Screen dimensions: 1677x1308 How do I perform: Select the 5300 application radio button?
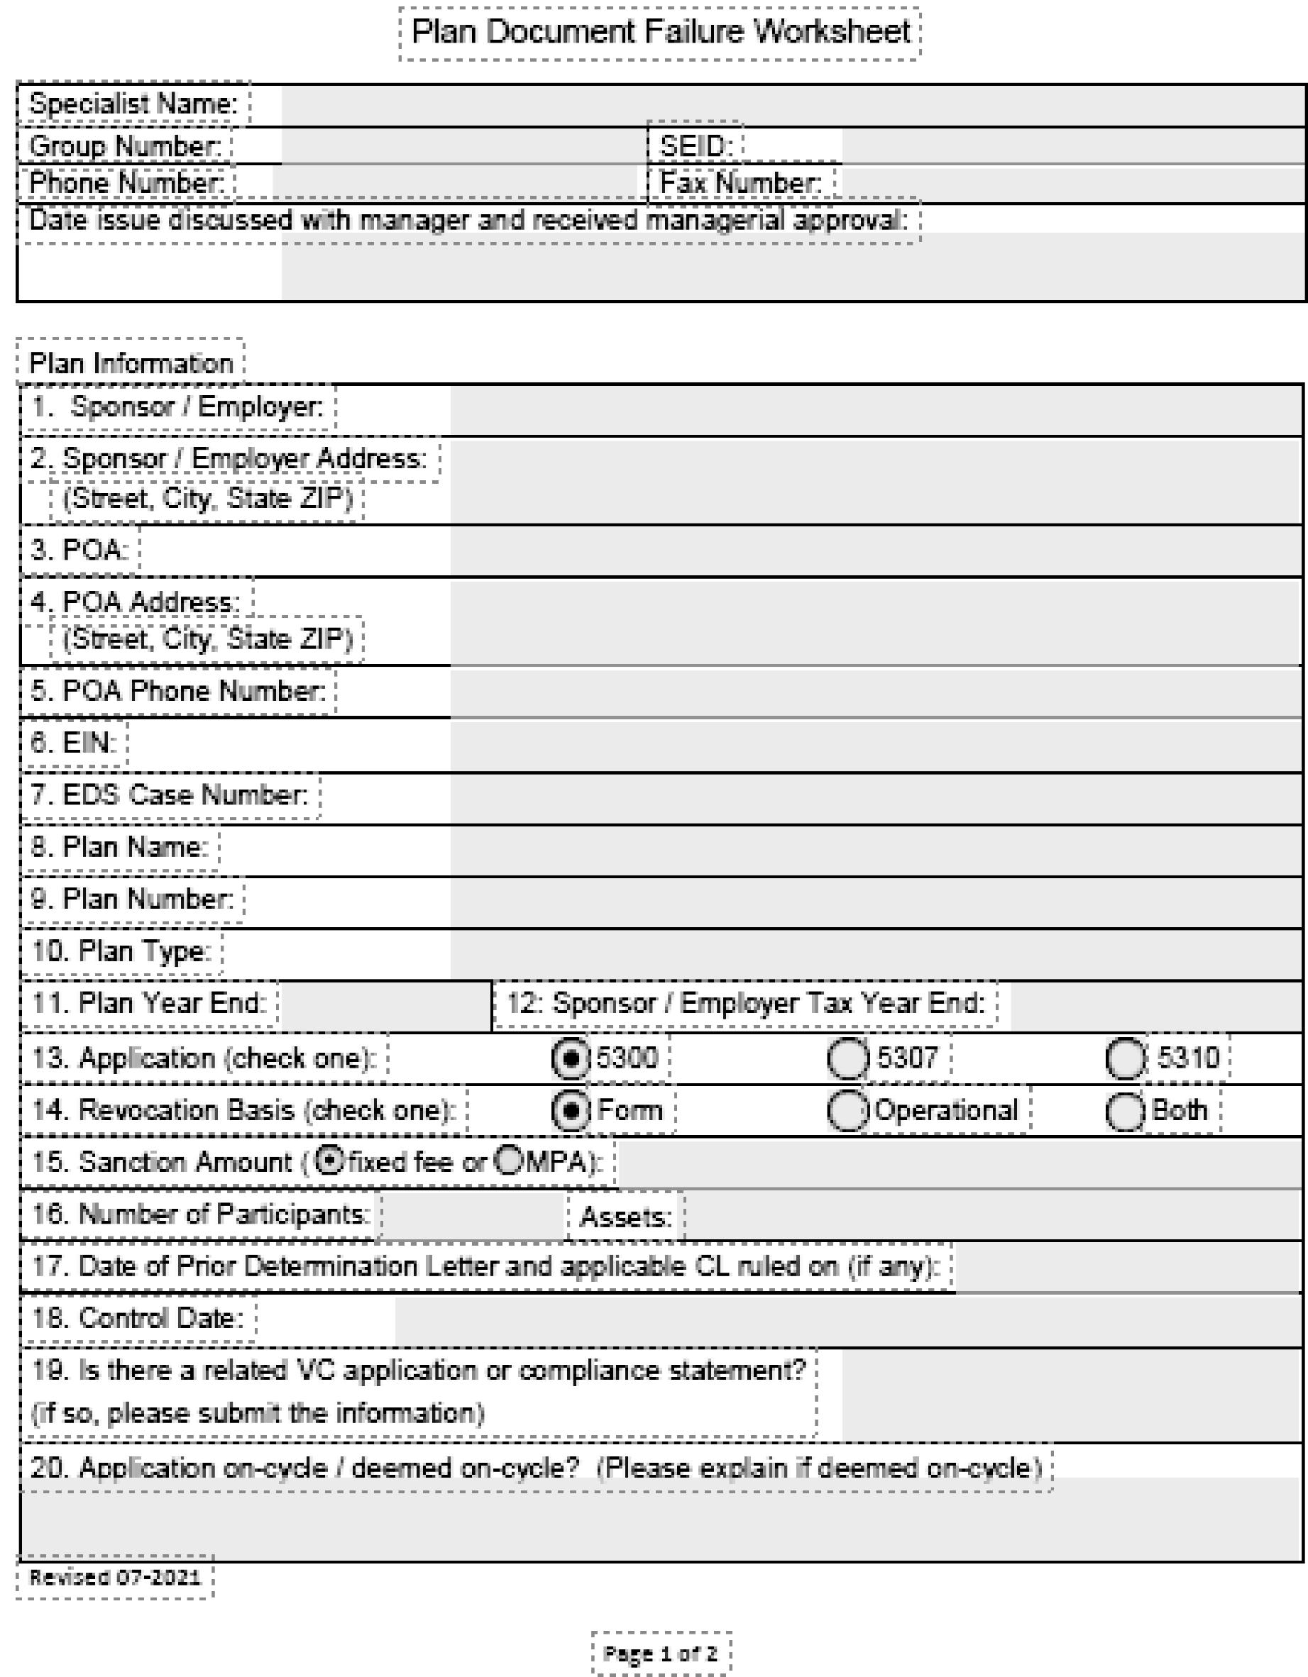pos(570,1059)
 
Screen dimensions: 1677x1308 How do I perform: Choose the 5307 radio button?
pos(847,1059)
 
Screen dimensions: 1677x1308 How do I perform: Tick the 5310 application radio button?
pos(1125,1059)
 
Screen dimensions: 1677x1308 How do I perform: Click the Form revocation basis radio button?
pos(570,1111)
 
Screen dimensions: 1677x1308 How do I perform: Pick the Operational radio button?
pos(847,1111)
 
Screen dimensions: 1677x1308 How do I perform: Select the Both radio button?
pos(1125,1111)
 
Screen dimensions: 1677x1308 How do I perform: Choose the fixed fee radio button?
pos(329,1161)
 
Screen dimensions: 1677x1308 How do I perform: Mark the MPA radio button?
pos(508,1161)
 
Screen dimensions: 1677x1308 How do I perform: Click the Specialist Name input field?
pos(791,105)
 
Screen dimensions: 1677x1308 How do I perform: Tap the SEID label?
pos(696,146)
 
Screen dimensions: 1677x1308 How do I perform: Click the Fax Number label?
pos(740,184)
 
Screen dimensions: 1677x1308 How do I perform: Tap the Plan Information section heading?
pos(131,363)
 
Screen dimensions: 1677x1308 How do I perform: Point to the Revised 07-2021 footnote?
pos(114,1577)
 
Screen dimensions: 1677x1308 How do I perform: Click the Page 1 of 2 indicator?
pos(661,1652)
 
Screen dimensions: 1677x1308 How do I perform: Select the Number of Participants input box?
pos(473,1215)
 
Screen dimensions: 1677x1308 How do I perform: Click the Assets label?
pos(625,1217)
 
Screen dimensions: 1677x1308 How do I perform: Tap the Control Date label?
pos(138,1319)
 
